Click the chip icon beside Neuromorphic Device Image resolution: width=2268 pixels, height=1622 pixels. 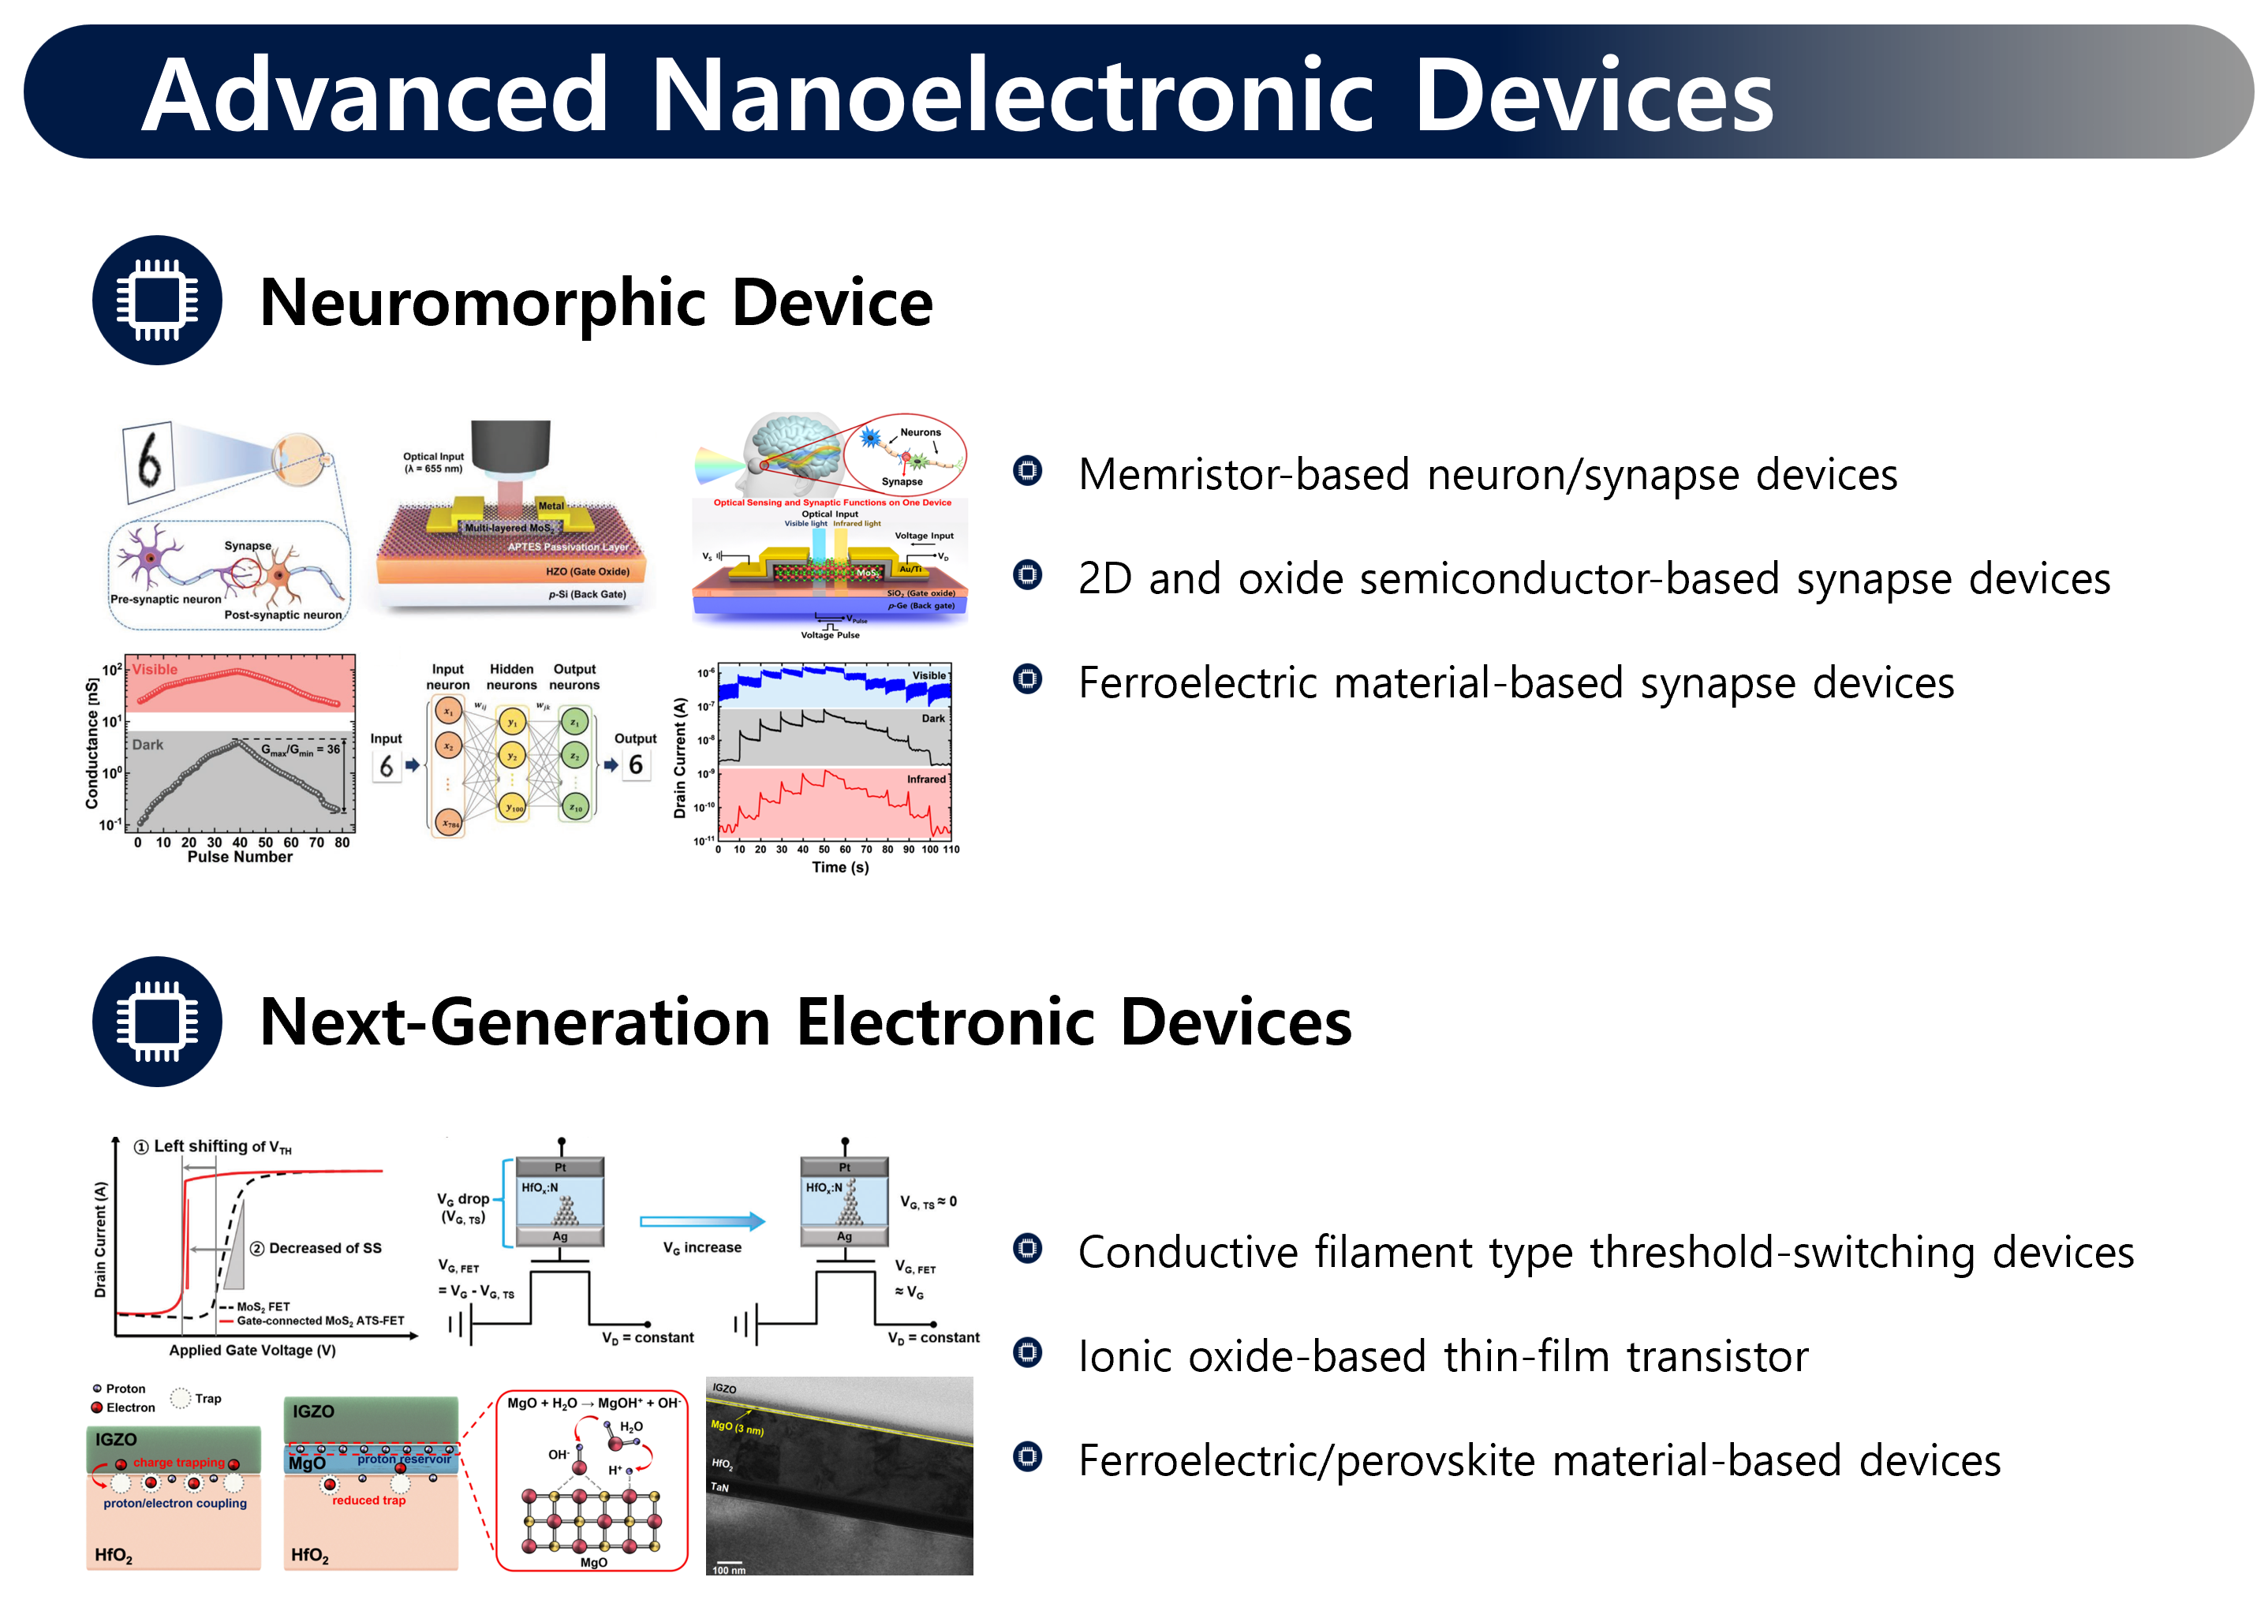coord(157,300)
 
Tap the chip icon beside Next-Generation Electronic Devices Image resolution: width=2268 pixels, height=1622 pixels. coord(157,1021)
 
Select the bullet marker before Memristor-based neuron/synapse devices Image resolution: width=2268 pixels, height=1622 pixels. coord(1026,469)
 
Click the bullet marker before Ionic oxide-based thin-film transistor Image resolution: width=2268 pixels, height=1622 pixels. coord(1026,1352)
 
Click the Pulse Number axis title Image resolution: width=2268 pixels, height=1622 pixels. coord(240,857)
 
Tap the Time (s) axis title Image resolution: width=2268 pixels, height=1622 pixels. coord(840,867)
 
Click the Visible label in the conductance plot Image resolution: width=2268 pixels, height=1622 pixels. coord(155,669)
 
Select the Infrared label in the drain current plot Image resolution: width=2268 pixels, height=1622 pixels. coord(926,779)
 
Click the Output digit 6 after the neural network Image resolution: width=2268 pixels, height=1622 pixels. coord(635,765)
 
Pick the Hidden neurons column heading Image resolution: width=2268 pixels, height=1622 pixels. coord(511,677)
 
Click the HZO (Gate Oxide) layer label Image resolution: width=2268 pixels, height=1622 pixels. coord(587,571)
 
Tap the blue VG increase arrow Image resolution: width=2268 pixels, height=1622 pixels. coord(702,1220)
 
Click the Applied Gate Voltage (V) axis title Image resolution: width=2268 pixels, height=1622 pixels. coord(252,1351)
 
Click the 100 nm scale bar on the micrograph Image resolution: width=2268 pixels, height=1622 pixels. coord(729,1565)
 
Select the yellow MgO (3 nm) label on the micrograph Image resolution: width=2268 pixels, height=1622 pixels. coord(737,1427)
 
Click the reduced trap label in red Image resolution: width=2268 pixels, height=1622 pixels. coord(368,1501)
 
